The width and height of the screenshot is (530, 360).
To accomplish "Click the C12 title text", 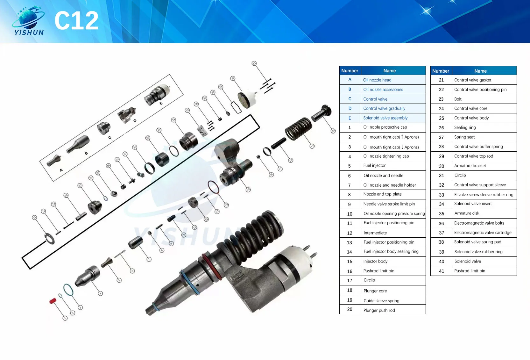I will click(76, 21).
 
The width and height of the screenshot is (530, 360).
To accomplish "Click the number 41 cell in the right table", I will click(441, 271).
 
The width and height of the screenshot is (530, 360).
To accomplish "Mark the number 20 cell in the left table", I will click(350, 309).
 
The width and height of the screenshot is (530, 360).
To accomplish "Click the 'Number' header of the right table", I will click(441, 71).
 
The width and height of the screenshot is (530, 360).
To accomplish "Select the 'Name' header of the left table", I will click(390, 71).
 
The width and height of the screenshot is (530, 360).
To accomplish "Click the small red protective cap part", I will click(53, 300).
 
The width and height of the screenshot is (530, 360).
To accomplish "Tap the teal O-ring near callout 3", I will click(68, 290).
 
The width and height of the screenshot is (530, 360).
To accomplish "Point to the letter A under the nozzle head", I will click(61, 170).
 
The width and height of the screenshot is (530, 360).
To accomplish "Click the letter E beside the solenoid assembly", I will click(161, 103).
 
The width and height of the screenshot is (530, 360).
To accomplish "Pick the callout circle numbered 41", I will click(254, 63).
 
